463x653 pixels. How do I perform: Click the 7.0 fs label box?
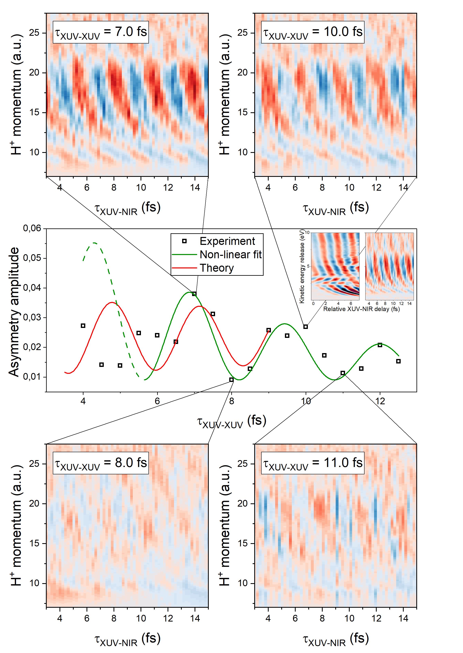101,32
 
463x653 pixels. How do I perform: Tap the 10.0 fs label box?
313,32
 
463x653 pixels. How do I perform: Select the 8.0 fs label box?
101,463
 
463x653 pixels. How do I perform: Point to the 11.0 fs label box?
313,463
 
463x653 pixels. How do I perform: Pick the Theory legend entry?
216,268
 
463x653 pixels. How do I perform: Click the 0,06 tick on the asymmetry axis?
32,228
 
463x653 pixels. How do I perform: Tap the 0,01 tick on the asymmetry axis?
32,377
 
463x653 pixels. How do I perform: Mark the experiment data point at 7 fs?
194,294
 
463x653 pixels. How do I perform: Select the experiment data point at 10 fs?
306,327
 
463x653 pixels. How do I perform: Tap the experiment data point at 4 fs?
83,326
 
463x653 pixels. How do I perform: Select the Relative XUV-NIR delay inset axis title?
361,309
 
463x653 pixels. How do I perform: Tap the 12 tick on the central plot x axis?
380,401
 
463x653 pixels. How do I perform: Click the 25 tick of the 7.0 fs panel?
34,33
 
